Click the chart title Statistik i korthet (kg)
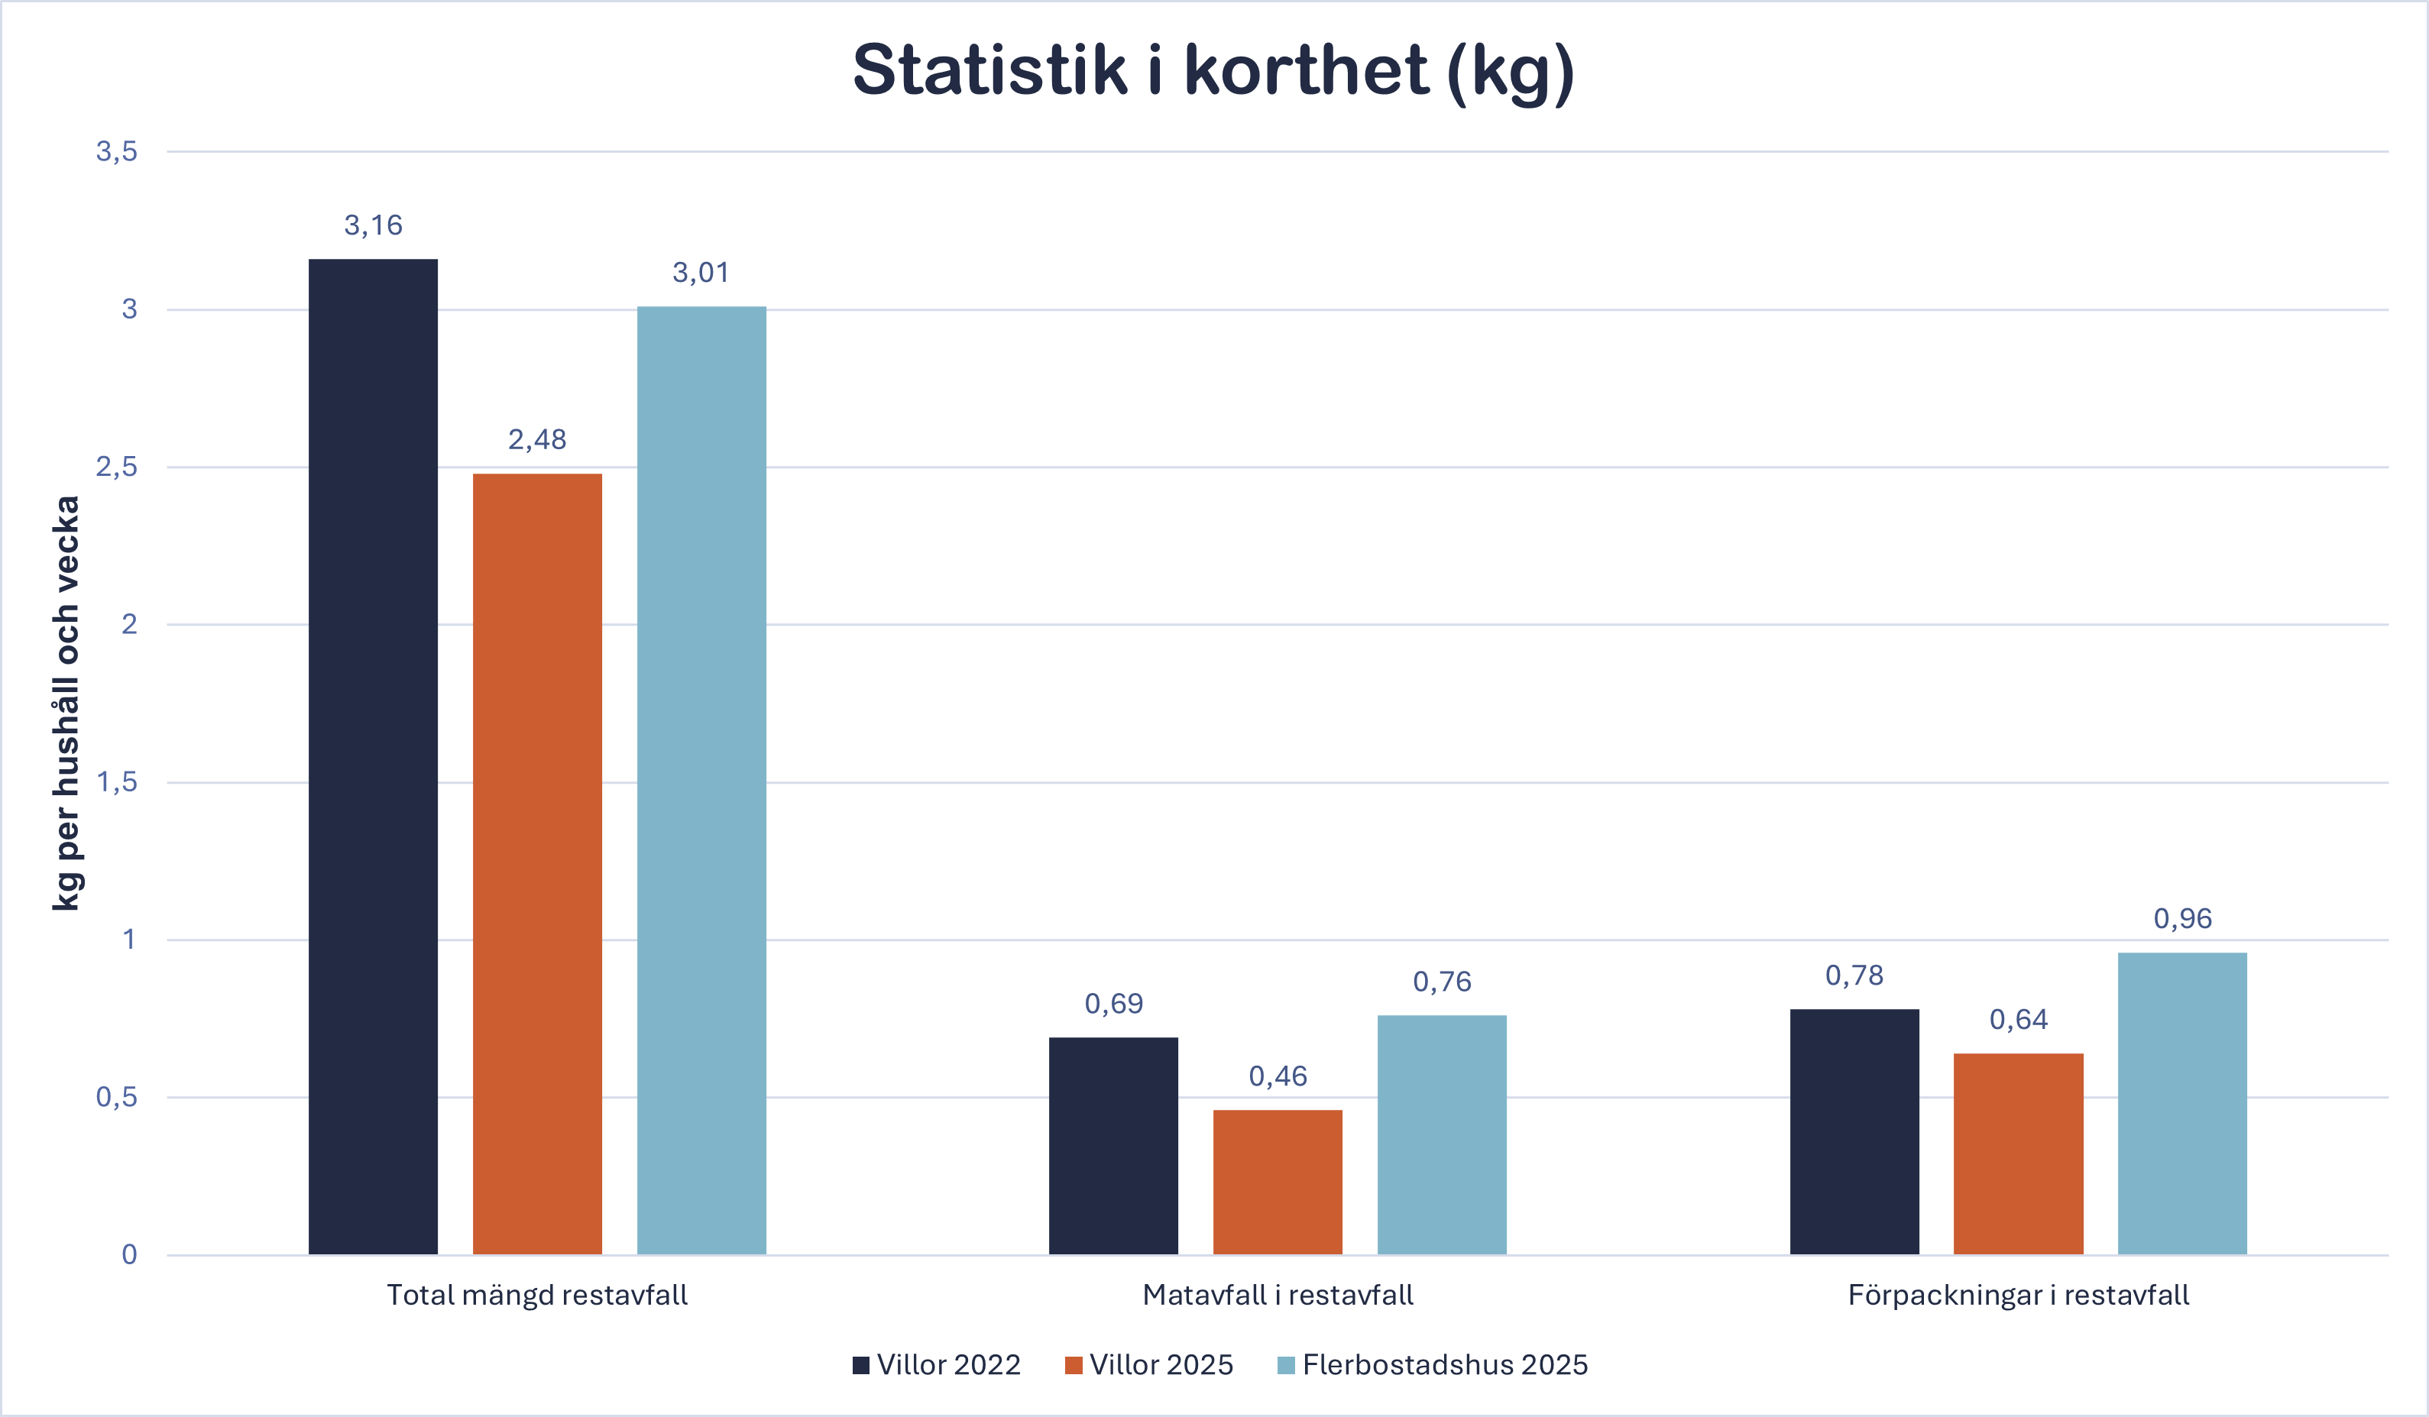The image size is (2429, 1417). (x=1213, y=71)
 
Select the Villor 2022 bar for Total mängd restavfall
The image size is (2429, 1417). (x=373, y=757)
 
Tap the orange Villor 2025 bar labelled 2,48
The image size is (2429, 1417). (x=537, y=864)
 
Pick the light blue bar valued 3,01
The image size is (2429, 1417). (x=701, y=780)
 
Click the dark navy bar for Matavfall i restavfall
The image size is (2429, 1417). (x=1113, y=1145)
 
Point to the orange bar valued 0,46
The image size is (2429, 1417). (x=1277, y=1182)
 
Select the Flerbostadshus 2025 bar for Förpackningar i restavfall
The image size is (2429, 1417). (x=2182, y=1103)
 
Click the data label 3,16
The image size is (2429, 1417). (x=373, y=225)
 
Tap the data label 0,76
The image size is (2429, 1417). (x=1442, y=982)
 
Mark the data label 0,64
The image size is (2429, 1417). (x=2019, y=1020)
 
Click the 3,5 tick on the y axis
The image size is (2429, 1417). (x=117, y=151)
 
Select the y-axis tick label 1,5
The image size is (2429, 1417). (x=117, y=781)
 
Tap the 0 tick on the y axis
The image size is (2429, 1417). (x=129, y=1254)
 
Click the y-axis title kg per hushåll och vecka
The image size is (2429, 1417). (x=66, y=703)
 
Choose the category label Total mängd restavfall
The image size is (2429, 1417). (x=537, y=1295)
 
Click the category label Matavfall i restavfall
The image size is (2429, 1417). (x=1277, y=1295)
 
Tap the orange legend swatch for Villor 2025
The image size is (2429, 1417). (x=1074, y=1365)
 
